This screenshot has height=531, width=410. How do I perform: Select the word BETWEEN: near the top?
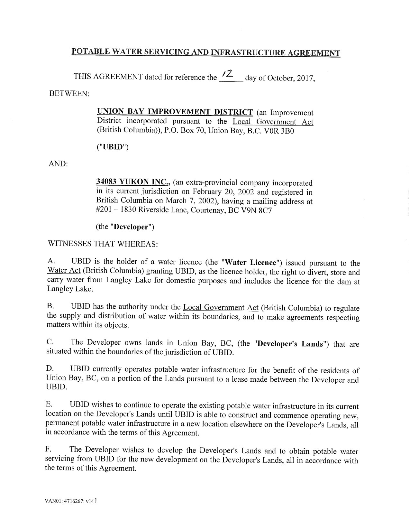(x=69, y=94)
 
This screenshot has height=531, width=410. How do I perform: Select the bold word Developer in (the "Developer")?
(x=131, y=227)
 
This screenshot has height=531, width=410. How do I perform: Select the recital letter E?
(x=50, y=404)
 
